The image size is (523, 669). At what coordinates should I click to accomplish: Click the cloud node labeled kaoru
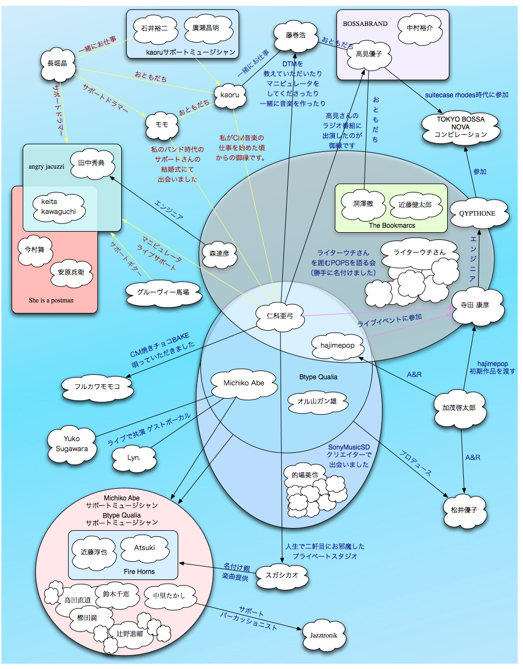230,95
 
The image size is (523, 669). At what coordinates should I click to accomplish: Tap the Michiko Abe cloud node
244,383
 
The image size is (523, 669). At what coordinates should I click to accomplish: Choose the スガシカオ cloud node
281,575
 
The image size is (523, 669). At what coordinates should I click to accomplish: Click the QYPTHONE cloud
477,213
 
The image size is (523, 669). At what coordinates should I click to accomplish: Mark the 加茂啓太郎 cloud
458,407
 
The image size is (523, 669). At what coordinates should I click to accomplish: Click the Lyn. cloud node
134,458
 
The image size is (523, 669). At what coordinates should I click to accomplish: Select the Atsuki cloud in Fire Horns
144,548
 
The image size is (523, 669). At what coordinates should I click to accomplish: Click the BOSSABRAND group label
365,24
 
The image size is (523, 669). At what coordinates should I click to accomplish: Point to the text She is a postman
51,300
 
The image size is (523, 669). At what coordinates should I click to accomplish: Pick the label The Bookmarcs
392,226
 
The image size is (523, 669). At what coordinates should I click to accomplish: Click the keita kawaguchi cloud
58,206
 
